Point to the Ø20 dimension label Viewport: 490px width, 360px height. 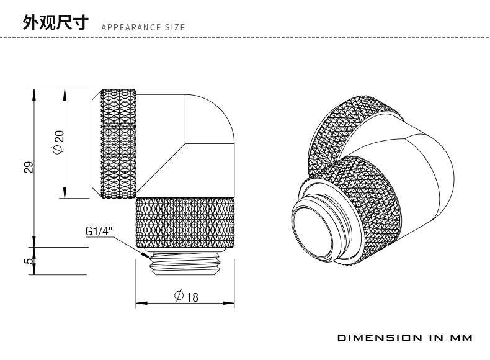(x=56, y=143)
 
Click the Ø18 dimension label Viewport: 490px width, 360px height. (x=185, y=296)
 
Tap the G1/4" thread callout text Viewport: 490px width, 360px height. (x=99, y=232)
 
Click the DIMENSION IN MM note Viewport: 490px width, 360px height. (x=404, y=338)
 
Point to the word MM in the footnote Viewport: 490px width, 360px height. (x=460, y=338)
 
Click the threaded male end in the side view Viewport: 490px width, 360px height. (x=185, y=264)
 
